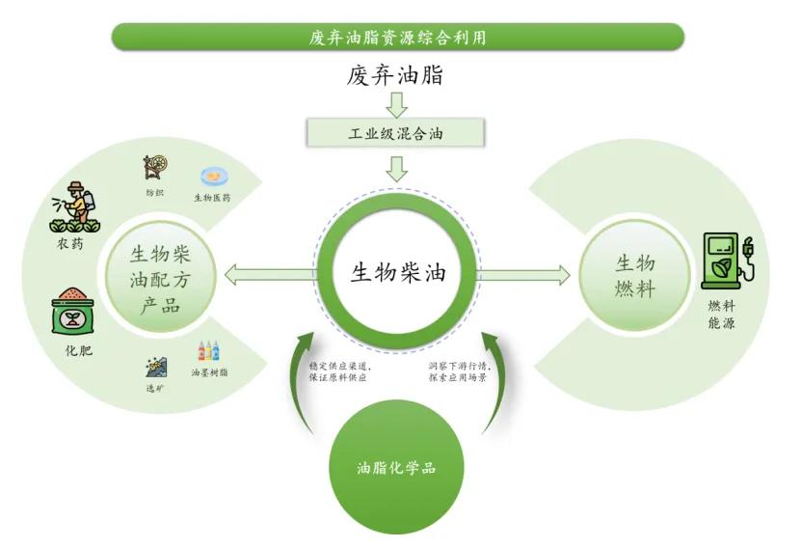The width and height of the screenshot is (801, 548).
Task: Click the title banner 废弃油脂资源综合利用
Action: pos(397,37)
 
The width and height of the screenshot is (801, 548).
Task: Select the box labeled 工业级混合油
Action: pos(396,134)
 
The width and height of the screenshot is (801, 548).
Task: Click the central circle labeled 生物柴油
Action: pos(396,273)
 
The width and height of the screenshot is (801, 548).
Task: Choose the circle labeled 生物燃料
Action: pos(634,275)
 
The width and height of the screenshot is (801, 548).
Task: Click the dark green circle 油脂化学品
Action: pos(396,469)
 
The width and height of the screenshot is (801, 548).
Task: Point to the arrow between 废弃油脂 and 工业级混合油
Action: pos(396,103)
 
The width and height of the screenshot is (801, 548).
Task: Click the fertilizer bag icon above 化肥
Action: pos(74,312)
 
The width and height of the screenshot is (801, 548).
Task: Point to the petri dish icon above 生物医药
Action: pos(212,177)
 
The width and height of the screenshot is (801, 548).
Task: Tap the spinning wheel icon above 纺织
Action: pos(154,168)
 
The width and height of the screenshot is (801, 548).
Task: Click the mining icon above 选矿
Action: pos(155,367)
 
